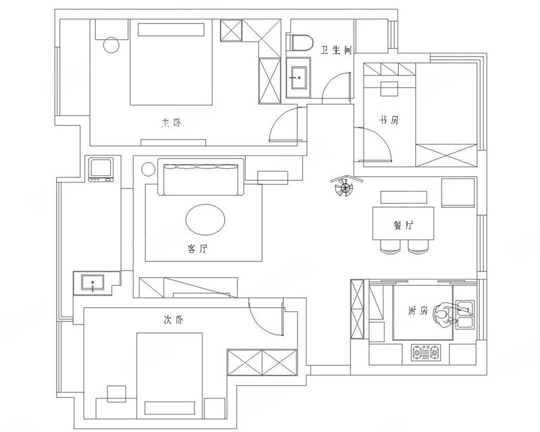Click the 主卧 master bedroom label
tap(171, 123)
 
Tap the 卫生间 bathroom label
tap(335, 51)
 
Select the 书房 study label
tap(389, 120)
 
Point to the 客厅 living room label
tap(198, 248)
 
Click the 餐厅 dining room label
tap(403, 225)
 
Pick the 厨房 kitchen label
tap(417, 310)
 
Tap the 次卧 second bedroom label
tap(173, 320)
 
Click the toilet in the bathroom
tap(300, 43)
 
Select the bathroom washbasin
tap(298, 78)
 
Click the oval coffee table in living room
tap(206, 219)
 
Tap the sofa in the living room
tap(200, 177)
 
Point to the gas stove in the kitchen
tap(426, 352)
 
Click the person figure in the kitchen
tap(443, 314)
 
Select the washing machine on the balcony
tap(101, 169)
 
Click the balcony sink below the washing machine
tap(92, 283)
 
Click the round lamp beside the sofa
tap(148, 169)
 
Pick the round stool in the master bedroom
tap(111, 45)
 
